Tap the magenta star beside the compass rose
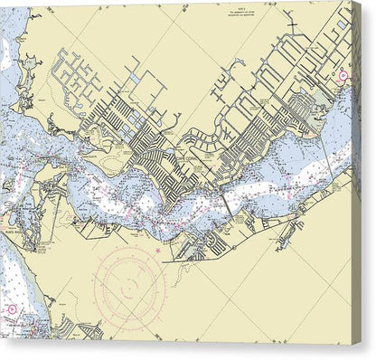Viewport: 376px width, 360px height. coord(160,249)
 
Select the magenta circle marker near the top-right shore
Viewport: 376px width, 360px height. coord(343,76)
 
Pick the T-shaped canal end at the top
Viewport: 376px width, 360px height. coord(290,17)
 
